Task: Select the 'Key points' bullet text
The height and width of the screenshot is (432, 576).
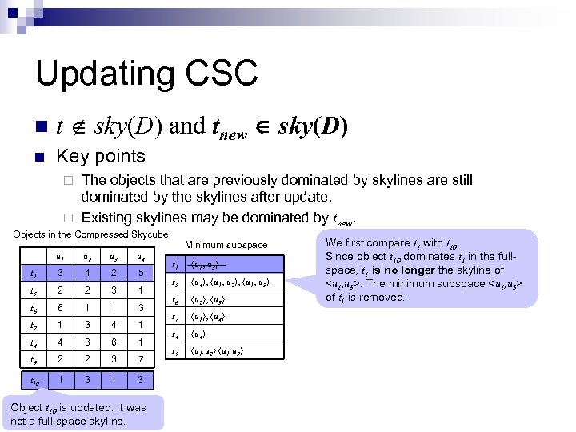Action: (x=100, y=156)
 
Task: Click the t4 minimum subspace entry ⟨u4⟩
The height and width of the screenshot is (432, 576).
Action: (x=199, y=334)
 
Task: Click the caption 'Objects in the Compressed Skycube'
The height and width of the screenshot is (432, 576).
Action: (x=90, y=234)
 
